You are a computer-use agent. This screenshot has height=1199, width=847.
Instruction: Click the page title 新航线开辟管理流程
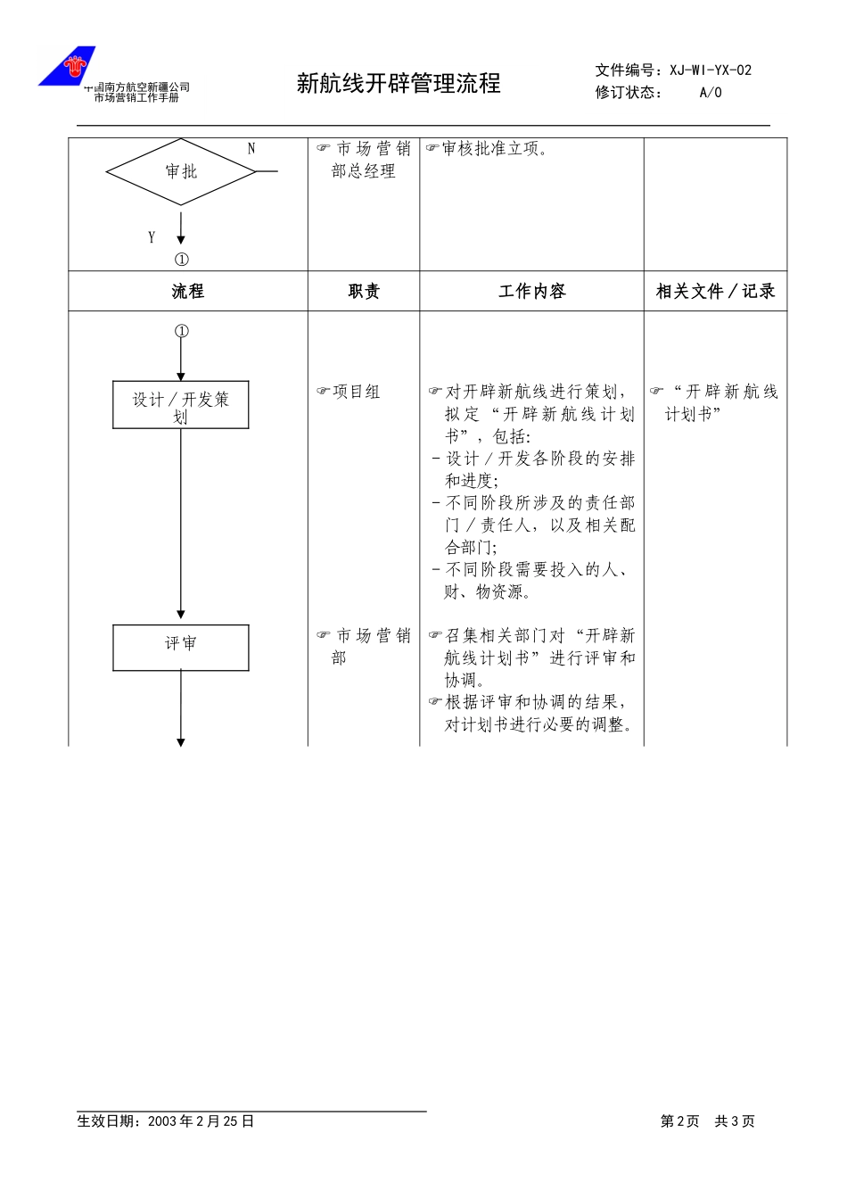pyautogui.click(x=399, y=84)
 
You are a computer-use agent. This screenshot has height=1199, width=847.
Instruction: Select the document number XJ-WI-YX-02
pyautogui.click(x=711, y=70)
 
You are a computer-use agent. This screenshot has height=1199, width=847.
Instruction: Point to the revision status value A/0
pyautogui.click(x=711, y=93)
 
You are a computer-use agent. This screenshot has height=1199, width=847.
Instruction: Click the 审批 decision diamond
pyautogui.click(x=181, y=172)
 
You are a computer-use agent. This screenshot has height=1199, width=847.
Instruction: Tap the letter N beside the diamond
pyautogui.click(x=251, y=149)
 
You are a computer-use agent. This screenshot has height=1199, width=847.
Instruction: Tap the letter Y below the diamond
pyautogui.click(x=152, y=237)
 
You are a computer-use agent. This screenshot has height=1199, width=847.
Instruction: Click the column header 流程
pyautogui.click(x=188, y=291)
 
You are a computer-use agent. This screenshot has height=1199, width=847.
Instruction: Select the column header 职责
pyautogui.click(x=364, y=291)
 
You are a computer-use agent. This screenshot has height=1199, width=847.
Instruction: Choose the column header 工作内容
pyautogui.click(x=532, y=291)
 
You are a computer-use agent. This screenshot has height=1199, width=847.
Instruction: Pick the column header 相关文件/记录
pyautogui.click(x=715, y=291)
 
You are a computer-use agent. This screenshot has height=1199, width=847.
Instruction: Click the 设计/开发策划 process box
pyautogui.click(x=181, y=405)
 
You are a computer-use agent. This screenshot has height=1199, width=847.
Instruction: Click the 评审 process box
pyautogui.click(x=181, y=648)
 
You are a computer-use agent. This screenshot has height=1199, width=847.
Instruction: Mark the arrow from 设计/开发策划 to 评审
pyautogui.click(x=181, y=524)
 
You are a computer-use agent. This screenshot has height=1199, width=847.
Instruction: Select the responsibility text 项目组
pyautogui.click(x=357, y=392)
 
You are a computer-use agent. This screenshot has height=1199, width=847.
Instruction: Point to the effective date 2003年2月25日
pyautogui.click(x=201, y=1121)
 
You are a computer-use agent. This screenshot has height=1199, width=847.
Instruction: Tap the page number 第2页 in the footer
pyautogui.click(x=679, y=1121)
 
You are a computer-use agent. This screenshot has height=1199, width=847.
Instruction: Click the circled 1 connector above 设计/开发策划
pyautogui.click(x=181, y=331)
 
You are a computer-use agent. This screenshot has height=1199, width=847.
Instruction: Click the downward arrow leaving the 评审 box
pyautogui.click(x=181, y=708)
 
